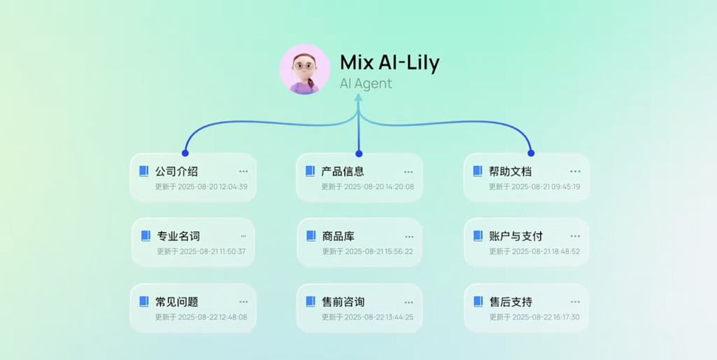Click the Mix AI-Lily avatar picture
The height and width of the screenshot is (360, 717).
point(305,69)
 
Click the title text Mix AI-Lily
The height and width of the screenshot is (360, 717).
point(389,62)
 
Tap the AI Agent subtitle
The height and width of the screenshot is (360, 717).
point(366,84)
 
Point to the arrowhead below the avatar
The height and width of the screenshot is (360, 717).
point(358,97)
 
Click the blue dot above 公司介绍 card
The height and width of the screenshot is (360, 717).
point(185,153)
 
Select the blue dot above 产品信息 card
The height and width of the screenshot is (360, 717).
point(359,153)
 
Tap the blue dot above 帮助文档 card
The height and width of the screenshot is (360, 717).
point(531,153)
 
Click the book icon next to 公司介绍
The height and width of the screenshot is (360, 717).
point(144,171)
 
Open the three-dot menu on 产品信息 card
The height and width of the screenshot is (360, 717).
point(408,172)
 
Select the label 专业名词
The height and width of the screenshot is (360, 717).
point(179,237)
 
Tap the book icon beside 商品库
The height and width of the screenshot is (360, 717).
point(311,236)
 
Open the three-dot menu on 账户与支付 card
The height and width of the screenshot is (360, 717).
point(575,237)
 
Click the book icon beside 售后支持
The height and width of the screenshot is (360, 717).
point(478,301)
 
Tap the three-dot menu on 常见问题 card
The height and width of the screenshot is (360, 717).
point(243,302)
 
